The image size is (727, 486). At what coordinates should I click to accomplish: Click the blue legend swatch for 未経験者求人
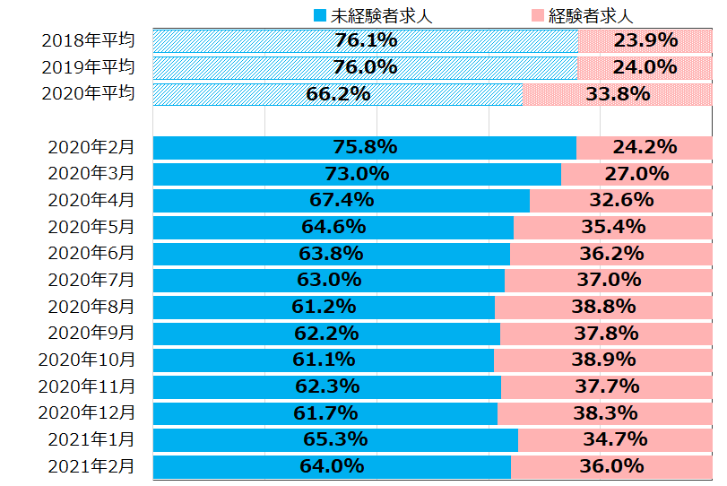[319, 15]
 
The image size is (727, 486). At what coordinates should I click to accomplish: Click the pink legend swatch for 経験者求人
[536, 15]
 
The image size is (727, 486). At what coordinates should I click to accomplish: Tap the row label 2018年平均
[88, 40]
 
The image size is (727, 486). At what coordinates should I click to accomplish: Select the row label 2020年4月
[92, 200]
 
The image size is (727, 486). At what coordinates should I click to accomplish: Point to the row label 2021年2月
[92, 466]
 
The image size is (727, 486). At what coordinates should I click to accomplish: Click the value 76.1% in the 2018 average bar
[366, 40]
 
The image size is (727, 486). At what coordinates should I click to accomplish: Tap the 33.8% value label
[618, 94]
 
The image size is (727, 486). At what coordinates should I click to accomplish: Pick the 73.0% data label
[357, 174]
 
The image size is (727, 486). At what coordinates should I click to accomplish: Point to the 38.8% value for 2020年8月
[603, 307]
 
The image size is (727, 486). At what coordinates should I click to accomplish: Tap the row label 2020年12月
[88, 413]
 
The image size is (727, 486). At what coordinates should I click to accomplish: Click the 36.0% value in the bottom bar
[612, 466]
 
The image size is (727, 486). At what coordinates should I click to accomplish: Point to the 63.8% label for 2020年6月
[332, 254]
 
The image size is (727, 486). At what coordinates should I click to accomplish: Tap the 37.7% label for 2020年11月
[607, 386]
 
